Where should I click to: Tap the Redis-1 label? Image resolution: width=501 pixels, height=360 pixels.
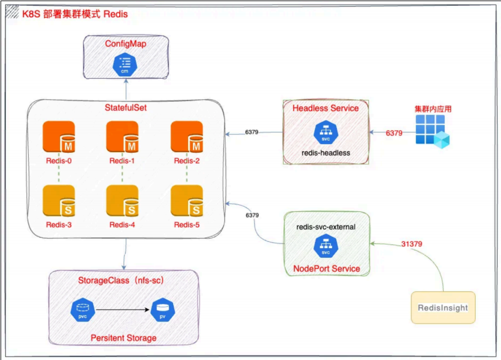tap(122, 161)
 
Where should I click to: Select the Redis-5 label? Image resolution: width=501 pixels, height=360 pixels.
tap(187, 224)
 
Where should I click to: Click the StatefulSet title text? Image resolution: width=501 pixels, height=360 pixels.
tap(126, 108)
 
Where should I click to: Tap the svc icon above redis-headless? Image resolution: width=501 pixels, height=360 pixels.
tap(325, 133)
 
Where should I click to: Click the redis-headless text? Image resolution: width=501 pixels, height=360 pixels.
tap(325, 153)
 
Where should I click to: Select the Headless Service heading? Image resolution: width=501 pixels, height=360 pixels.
tap(325, 108)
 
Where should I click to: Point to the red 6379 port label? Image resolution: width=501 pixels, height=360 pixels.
tap(394, 133)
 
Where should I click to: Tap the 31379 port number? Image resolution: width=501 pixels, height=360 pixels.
tap(411, 244)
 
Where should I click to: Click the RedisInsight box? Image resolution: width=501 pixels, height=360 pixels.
tap(442, 307)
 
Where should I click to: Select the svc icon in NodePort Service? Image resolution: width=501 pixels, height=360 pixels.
tap(325, 246)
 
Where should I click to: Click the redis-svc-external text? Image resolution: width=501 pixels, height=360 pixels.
tap(326, 227)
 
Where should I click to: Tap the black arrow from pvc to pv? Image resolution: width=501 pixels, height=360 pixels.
tap(122, 310)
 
